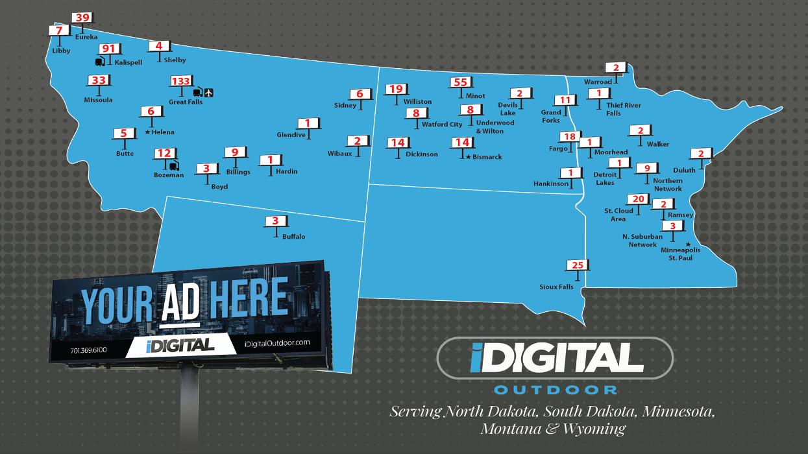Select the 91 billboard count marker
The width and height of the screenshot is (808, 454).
(x=108, y=49)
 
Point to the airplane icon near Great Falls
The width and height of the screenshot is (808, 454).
(x=209, y=93)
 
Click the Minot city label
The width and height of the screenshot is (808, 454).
(x=475, y=96)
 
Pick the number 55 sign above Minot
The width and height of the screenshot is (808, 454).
(x=459, y=82)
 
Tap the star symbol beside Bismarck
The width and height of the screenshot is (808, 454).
(x=469, y=157)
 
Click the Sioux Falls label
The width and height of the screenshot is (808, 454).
(x=556, y=287)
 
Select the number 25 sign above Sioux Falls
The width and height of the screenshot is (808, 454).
(x=578, y=265)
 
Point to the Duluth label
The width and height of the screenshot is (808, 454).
(x=683, y=170)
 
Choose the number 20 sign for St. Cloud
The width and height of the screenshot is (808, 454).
(x=637, y=199)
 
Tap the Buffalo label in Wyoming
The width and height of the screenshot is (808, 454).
(x=293, y=237)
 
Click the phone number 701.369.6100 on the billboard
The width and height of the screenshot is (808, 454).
(x=88, y=351)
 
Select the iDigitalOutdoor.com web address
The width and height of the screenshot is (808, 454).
(x=278, y=342)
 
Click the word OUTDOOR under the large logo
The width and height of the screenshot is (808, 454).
(x=555, y=390)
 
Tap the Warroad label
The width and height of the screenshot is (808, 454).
(x=598, y=82)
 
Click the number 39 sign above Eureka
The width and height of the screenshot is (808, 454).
(x=82, y=18)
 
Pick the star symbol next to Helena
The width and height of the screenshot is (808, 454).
(x=148, y=132)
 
